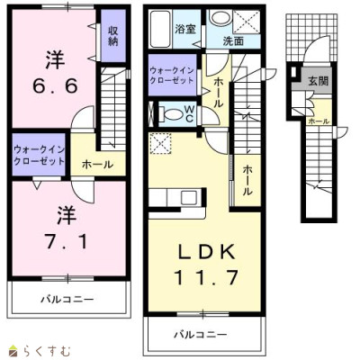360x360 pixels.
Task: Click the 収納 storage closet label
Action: click(113, 36)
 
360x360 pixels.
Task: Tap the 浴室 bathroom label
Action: click(185, 29)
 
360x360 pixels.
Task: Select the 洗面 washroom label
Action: click(233, 41)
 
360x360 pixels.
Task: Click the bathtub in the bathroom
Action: click(161, 29)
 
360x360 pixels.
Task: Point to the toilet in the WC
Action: click(172, 114)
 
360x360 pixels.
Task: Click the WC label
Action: click(189, 113)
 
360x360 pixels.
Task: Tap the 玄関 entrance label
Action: click(319, 81)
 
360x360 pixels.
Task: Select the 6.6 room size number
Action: click(55, 86)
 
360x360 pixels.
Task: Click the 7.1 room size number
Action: click(66, 242)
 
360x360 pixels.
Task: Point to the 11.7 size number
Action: click(205, 277)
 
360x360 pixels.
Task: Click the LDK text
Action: click(207, 253)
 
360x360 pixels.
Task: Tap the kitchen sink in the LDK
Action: click(189, 198)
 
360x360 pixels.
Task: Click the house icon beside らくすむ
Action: click(13, 350)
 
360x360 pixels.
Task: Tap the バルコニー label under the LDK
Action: click(201, 335)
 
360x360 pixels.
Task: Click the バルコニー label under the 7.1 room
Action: click(67, 299)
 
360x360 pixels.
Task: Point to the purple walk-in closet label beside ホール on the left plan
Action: click(39, 155)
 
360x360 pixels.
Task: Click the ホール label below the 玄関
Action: click(319, 121)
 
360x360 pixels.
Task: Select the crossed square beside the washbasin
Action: click(247, 22)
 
